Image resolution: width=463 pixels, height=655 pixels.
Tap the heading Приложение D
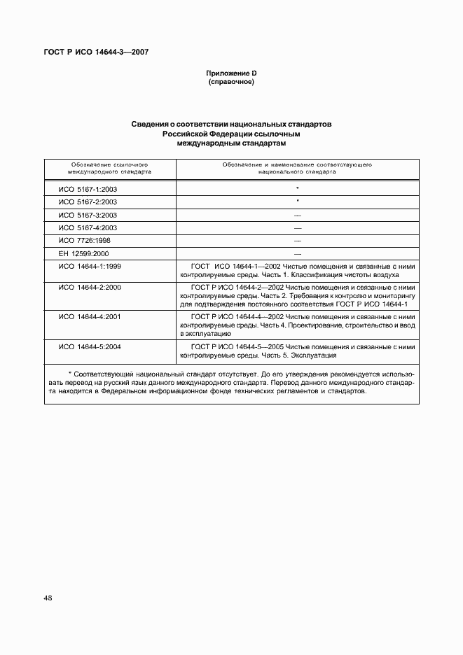click(x=231, y=73)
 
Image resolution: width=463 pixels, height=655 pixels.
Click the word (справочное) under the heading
click(x=231, y=83)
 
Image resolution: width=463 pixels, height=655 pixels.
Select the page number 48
click(x=48, y=598)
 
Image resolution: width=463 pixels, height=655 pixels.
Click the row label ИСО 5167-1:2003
click(x=88, y=189)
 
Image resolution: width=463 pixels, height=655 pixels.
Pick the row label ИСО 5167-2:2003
click(x=88, y=202)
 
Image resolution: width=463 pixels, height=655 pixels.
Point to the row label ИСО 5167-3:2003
click(x=88, y=215)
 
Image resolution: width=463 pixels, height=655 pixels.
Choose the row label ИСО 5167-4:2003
click(x=88, y=228)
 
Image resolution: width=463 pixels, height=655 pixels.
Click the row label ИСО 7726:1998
click(x=85, y=241)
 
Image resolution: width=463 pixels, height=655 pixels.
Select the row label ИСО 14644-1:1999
click(x=90, y=267)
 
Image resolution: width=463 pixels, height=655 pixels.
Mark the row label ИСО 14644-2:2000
click(x=90, y=287)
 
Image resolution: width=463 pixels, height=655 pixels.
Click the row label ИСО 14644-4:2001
click(x=90, y=316)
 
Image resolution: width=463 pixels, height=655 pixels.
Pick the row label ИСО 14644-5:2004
click(x=90, y=346)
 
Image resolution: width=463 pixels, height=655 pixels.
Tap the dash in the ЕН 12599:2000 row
click(x=297, y=253)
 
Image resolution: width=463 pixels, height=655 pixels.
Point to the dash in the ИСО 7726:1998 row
click(x=297, y=241)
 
